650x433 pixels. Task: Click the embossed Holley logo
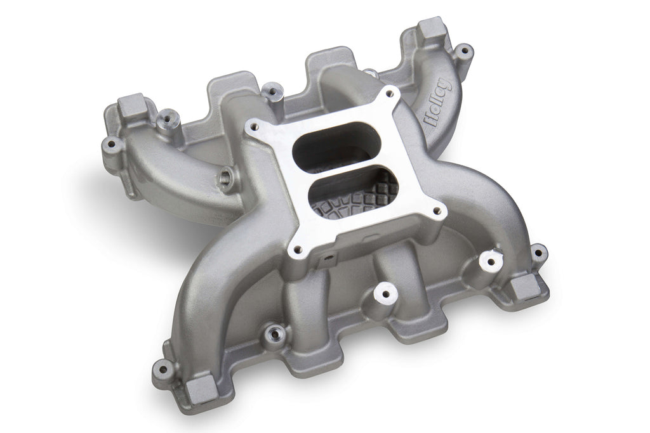437,103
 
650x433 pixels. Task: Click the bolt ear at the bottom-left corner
163,367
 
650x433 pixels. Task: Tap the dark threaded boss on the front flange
275,332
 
